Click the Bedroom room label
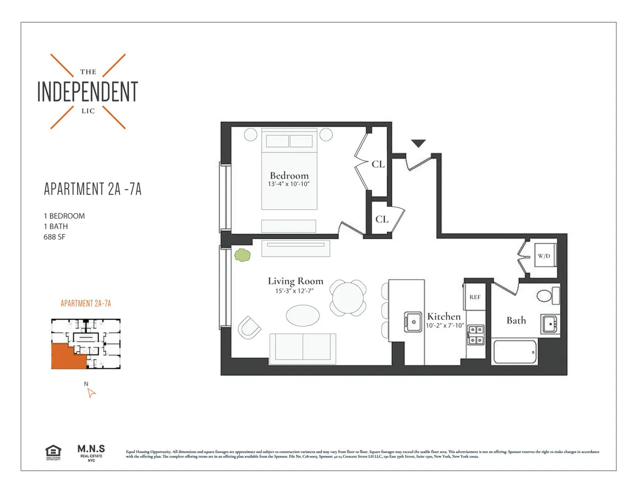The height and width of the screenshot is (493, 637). pos(289,175)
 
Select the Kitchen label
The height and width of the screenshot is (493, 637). pos(444,316)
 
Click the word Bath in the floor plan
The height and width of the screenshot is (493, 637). pos(516,320)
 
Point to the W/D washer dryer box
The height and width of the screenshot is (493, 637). pos(544,256)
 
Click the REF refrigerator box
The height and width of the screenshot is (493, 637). pos(475,297)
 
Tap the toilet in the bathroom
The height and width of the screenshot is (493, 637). pos(546,295)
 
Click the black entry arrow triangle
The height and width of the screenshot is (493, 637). pos(419,143)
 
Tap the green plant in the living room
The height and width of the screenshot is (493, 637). pos(243,255)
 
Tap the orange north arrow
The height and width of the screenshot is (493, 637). pos(91,393)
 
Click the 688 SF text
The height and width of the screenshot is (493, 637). pos(54,237)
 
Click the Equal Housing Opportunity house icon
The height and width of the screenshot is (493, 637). pos(53,452)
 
